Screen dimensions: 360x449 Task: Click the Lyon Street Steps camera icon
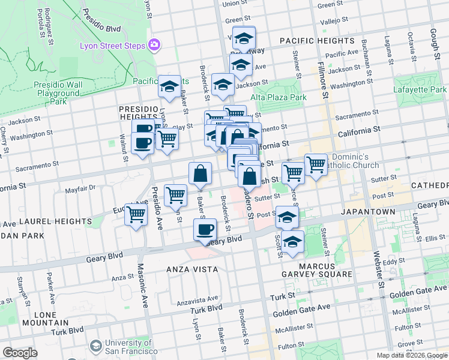pyautogui.click(x=155, y=44)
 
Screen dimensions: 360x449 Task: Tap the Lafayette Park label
pyautogui.click(x=420, y=89)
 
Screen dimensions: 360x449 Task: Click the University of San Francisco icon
pyautogui.click(x=95, y=346)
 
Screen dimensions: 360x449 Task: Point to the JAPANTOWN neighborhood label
pyautogui.click(x=368, y=212)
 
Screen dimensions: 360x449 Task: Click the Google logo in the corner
pyautogui.click(x=20, y=353)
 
